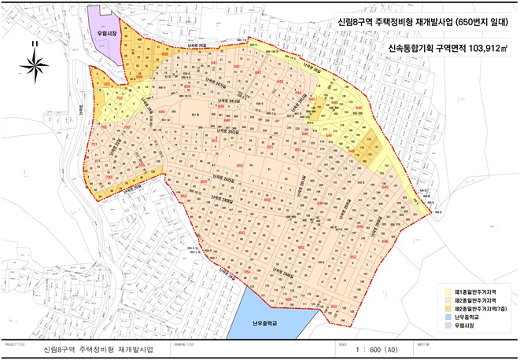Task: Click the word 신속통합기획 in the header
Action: tap(411, 49)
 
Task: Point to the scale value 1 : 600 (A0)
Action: tap(396, 347)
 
